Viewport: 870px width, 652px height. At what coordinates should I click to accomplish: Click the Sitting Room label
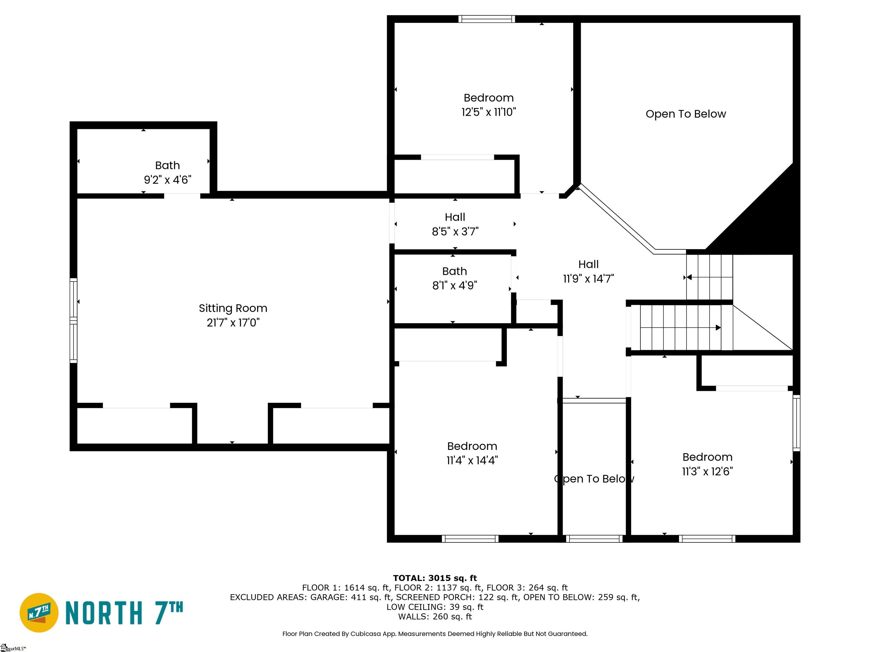[x=233, y=308]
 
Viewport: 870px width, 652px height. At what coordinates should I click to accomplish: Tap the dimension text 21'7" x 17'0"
[x=233, y=323]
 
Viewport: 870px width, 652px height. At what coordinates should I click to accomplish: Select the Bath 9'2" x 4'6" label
[x=168, y=173]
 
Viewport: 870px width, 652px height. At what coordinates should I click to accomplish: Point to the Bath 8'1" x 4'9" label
[x=455, y=278]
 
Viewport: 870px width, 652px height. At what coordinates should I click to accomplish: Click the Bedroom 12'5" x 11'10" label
[x=489, y=105]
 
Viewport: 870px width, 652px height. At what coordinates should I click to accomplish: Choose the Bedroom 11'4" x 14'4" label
[x=472, y=453]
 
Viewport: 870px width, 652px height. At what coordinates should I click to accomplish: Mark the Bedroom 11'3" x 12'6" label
[x=707, y=464]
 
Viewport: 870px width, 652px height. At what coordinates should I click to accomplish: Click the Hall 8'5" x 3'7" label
[x=455, y=224]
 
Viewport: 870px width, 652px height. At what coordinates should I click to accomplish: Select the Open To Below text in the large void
[x=686, y=114]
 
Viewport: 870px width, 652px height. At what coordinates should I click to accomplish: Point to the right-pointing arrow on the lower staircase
[x=718, y=327]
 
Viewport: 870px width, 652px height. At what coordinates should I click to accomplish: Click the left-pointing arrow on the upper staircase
[x=689, y=277]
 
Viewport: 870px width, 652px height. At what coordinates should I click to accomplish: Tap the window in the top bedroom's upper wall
[x=487, y=19]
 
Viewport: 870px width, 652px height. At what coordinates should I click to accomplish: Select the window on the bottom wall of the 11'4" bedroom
[x=470, y=539]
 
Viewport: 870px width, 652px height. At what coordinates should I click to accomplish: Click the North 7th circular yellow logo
[x=39, y=613]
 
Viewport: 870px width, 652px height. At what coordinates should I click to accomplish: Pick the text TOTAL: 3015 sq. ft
[x=435, y=578]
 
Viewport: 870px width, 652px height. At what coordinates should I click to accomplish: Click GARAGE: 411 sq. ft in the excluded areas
[x=351, y=597]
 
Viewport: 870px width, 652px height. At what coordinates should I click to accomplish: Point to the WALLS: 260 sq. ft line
[x=435, y=617]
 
